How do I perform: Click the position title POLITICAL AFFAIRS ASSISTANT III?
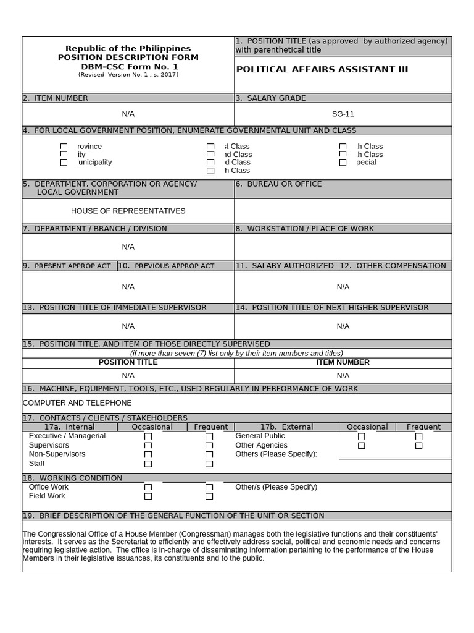pos(322,69)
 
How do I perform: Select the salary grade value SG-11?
pos(343,114)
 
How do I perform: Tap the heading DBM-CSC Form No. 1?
pos(128,66)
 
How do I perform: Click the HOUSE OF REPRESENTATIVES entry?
pos(128,211)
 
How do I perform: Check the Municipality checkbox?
pos(64,163)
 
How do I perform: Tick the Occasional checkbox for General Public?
pos(362,436)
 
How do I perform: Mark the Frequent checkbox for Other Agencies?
pos(419,445)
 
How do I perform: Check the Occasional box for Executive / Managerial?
pos(148,436)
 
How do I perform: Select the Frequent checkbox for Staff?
pos(209,464)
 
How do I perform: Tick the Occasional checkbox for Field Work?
pos(148,496)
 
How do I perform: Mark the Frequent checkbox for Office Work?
pos(209,488)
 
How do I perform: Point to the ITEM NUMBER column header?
pos(343,362)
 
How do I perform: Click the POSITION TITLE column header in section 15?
pos(128,362)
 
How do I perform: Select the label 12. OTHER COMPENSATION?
pos(396,266)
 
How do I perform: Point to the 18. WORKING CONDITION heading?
pos(72,478)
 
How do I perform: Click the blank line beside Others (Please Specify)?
pos(395,456)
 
